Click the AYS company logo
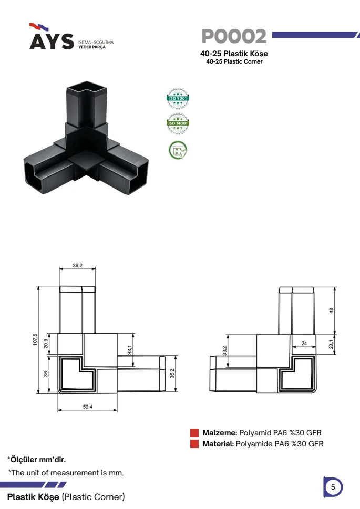tap(71, 36)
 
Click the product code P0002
tap(234, 36)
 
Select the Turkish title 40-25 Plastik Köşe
tap(234, 54)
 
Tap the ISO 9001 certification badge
tap(178, 98)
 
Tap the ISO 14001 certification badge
tap(178, 123)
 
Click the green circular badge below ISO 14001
tap(178, 150)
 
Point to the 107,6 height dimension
tap(35, 339)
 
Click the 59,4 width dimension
tap(87, 407)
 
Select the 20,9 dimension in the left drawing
tap(46, 344)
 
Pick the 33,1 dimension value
tap(130, 350)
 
